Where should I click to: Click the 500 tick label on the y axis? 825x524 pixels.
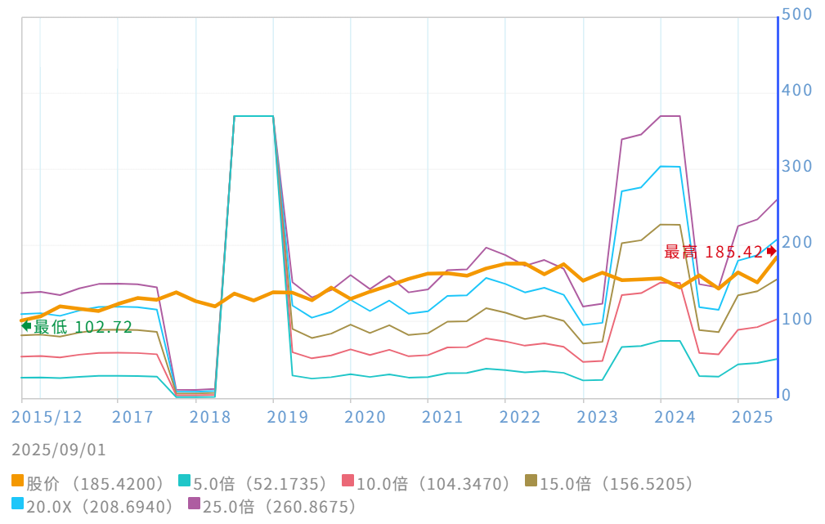[796, 15]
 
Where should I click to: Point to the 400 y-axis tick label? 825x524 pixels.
[796, 91]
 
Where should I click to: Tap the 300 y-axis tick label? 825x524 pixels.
[796, 167]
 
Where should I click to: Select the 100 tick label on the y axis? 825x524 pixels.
[796, 320]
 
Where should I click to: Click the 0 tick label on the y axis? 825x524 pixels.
[787, 396]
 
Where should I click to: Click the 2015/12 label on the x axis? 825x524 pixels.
[47, 417]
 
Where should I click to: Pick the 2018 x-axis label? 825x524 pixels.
[210, 417]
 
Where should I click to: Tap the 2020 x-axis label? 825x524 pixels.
[365, 417]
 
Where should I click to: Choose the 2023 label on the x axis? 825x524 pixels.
[598, 417]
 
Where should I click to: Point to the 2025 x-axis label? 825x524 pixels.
[753, 417]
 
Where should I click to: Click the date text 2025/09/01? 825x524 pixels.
[59, 450]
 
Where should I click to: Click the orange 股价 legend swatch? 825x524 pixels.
[18, 484]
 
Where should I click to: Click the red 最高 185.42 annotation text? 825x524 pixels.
[714, 252]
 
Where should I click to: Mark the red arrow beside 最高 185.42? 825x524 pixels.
[771, 251]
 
